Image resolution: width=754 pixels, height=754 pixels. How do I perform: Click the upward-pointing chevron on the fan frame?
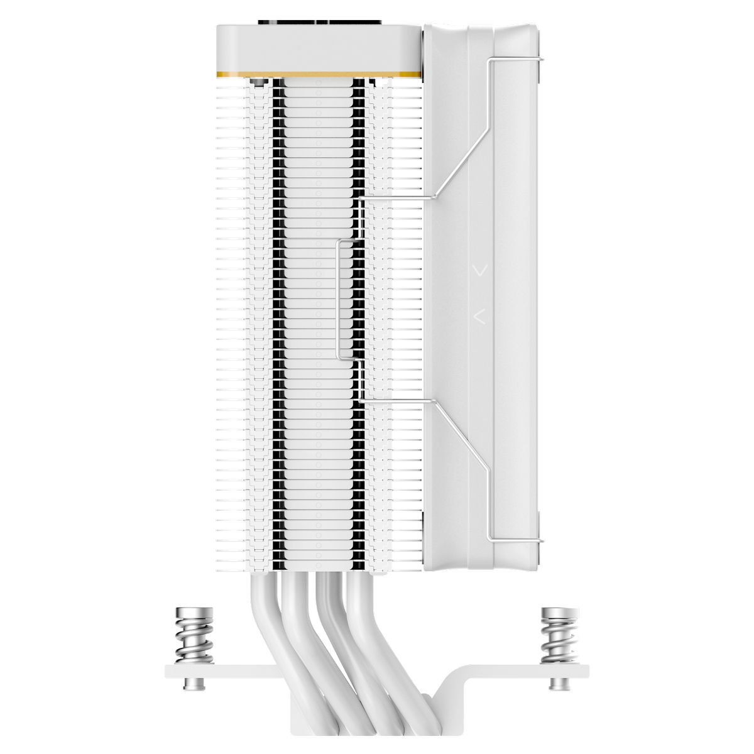tap(480, 315)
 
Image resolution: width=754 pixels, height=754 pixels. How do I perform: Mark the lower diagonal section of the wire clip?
tap(462, 434)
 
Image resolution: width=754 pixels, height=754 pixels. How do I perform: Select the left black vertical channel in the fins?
tap(277, 314)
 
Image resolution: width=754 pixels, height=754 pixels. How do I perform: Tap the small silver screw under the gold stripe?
tap(256, 83)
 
